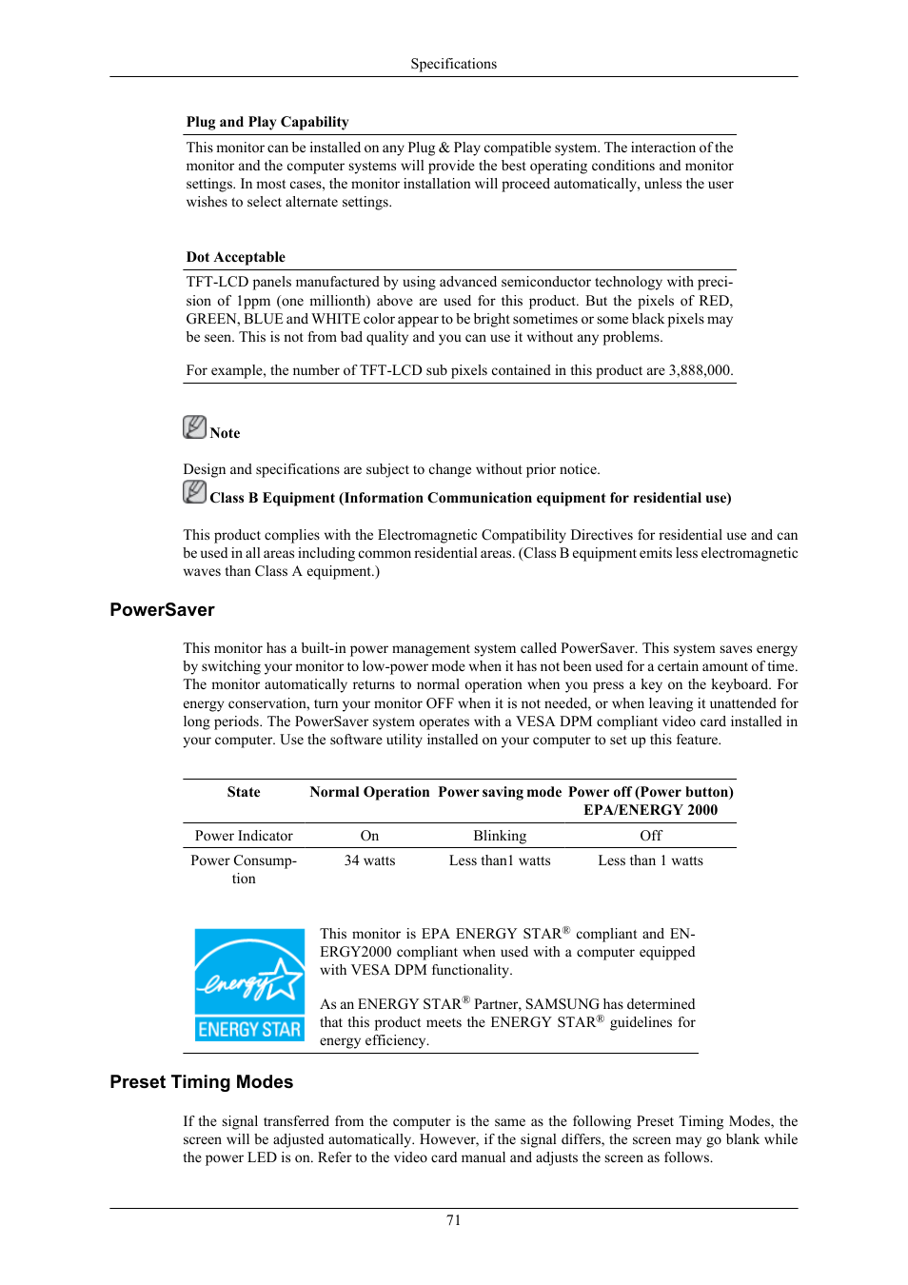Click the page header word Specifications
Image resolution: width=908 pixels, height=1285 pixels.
pos(453,64)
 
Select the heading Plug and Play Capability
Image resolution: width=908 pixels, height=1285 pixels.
pos(267,122)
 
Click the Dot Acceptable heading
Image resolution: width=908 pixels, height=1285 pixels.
pos(235,257)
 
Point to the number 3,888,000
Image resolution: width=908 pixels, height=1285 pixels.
pos(700,370)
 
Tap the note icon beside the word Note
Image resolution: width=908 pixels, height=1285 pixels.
pos(194,427)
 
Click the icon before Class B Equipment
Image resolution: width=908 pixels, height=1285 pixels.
pos(194,492)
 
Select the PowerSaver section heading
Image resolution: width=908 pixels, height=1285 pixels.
pos(162,610)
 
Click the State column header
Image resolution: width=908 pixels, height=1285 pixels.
pos(244,792)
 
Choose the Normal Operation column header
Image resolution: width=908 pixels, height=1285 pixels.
pos(369,792)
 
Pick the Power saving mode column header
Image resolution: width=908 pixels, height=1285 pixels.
pos(500,792)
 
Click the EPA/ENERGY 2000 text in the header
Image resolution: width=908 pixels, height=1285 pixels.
pos(651,810)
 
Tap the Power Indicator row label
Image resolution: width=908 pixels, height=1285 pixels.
pos(244,836)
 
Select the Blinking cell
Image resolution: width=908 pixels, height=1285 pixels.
pos(500,836)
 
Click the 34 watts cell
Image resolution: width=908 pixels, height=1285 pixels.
pos(369,860)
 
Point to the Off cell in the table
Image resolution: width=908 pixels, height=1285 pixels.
pos(651,836)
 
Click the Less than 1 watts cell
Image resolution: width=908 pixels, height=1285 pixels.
pos(651,860)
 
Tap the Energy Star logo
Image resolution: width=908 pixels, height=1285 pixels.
pos(249,984)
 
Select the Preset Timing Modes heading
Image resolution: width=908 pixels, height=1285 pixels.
pos(201,1082)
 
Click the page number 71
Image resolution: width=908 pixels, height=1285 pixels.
pos(453,1220)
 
